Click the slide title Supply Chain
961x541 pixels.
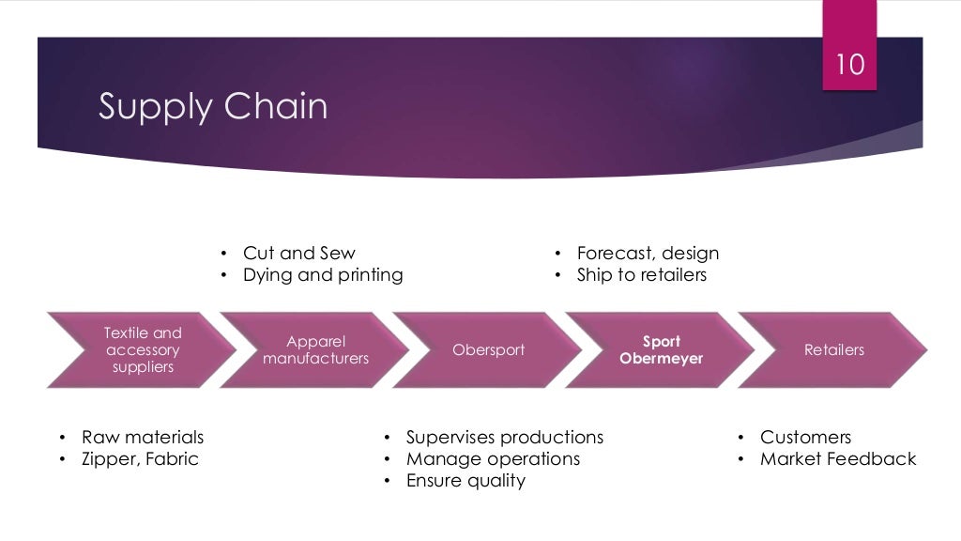213,106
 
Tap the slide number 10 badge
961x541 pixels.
849,65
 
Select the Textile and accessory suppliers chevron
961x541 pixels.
143,350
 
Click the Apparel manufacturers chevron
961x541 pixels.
315,350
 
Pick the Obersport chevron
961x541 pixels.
488,350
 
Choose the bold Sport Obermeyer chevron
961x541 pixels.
661,350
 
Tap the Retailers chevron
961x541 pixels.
833,350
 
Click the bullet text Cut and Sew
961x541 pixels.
298,254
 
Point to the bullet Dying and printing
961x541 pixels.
322,275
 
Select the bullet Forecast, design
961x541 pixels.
648,254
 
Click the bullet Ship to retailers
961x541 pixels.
641,275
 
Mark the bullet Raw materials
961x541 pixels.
142,438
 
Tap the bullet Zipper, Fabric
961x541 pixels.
140,459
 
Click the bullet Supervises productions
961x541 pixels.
504,438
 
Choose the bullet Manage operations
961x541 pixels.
493,459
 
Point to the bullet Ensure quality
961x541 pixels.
465,481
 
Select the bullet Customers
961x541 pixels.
805,438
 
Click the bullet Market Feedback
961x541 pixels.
837,459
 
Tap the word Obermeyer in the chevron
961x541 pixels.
661,359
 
